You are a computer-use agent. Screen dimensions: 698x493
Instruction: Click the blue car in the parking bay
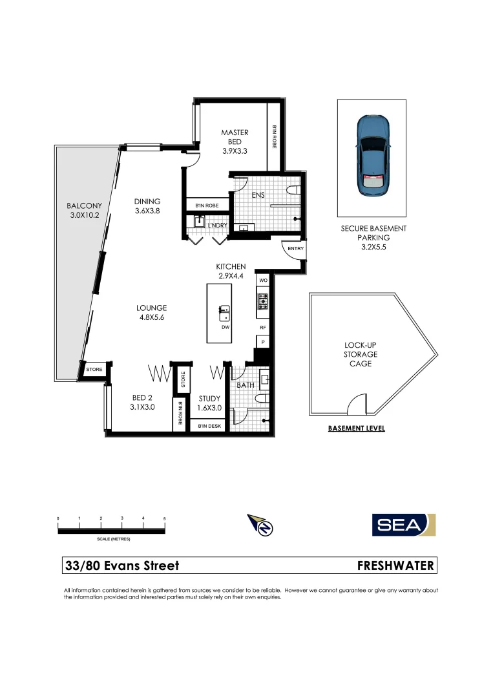(x=371, y=156)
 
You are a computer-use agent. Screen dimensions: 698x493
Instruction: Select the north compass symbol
(x=262, y=524)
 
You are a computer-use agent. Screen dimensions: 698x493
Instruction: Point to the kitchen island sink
(x=224, y=313)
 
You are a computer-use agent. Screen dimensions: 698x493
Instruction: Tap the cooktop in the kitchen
(x=262, y=301)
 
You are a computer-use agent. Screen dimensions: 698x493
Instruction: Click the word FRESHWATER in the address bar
(x=395, y=566)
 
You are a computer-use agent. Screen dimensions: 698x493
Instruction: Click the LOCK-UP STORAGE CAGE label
(x=360, y=354)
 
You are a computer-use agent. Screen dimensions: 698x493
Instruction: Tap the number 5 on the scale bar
(x=164, y=519)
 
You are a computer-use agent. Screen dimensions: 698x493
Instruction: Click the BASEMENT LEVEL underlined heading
(x=356, y=428)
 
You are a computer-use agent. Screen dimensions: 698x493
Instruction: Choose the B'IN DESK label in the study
(x=209, y=426)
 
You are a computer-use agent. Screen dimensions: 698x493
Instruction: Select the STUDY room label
(x=209, y=399)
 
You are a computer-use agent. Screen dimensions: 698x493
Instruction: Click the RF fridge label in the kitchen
(x=263, y=328)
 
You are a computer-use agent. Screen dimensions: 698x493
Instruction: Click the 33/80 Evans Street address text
(x=122, y=566)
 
